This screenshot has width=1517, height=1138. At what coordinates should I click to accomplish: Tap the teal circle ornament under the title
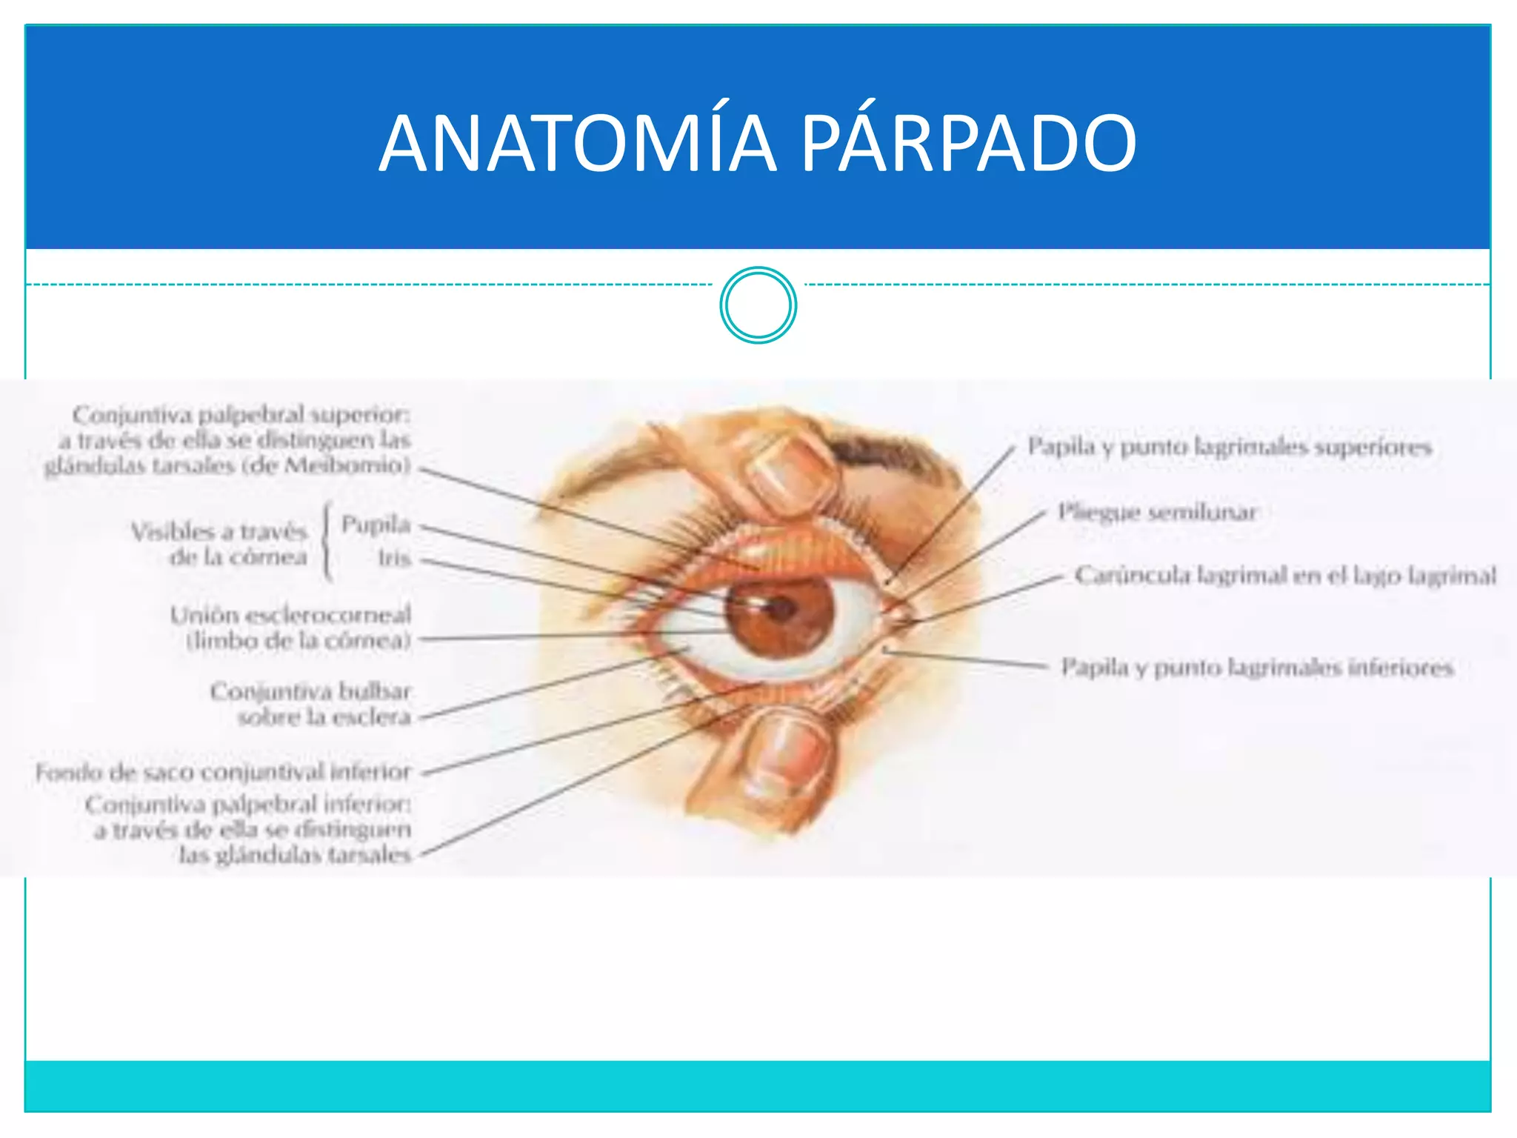[758, 305]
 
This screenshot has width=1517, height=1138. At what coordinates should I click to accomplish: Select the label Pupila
[376, 525]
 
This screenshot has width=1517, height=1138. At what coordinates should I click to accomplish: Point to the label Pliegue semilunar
[1157, 512]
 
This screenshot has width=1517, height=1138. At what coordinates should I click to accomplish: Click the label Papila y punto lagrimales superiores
[1229, 447]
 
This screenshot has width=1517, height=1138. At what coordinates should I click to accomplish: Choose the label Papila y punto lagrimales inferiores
[1257, 668]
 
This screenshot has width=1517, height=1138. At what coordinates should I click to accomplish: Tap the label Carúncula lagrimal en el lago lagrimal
[1285, 575]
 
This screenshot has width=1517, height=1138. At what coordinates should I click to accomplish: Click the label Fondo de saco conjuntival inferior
[223, 773]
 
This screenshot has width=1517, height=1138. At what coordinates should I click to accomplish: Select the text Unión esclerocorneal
[290, 615]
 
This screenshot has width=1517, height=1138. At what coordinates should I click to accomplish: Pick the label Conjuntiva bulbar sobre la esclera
[311, 704]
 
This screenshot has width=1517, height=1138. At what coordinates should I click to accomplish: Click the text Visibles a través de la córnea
[220, 544]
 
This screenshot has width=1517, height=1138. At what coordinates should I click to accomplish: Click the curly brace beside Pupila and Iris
[327, 541]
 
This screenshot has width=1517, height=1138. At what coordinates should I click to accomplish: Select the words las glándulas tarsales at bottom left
[294, 855]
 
